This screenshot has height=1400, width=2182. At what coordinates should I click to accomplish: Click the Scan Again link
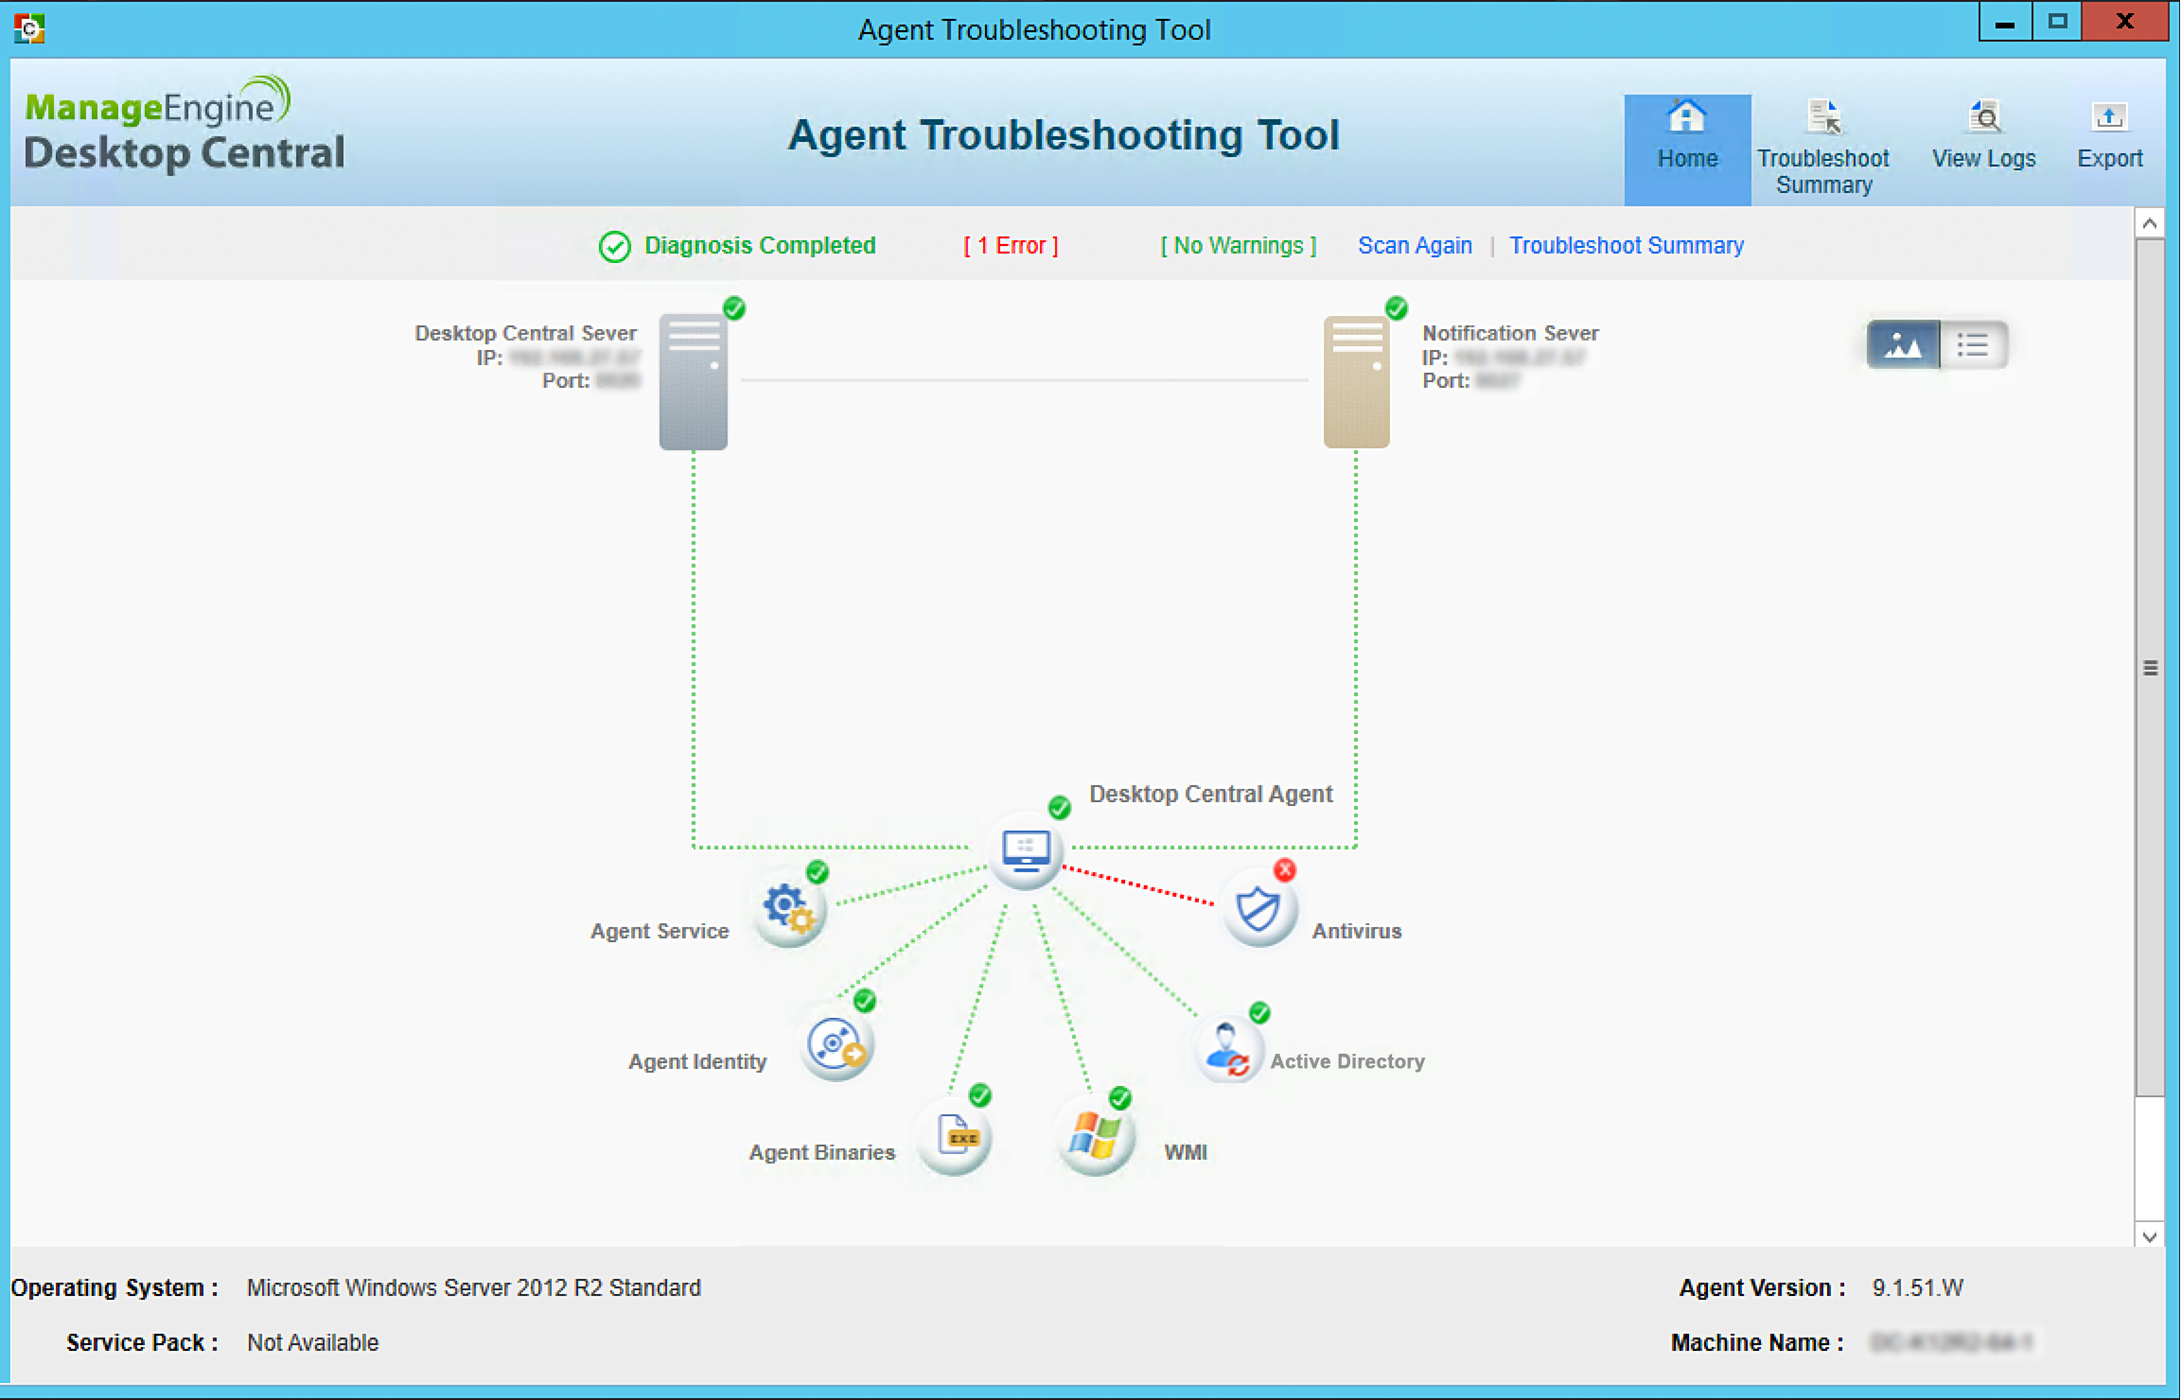pyautogui.click(x=1415, y=246)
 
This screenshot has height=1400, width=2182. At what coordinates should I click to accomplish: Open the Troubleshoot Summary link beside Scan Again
pyautogui.click(x=1626, y=246)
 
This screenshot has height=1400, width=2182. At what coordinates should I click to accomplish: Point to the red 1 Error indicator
pyautogui.click(x=1011, y=246)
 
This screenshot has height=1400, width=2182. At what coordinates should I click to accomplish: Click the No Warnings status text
pyautogui.click(x=1239, y=246)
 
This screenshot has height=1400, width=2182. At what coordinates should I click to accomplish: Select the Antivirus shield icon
pyautogui.click(x=1258, y=909)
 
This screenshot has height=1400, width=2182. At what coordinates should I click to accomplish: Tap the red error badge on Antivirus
pyautogui.click(x=1284, y=870)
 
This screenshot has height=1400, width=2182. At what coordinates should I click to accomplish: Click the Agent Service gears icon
pyautogui.click(x=789, y=909)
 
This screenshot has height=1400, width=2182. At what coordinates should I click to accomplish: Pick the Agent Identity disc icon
pyautogui.click(x=836, y=1045)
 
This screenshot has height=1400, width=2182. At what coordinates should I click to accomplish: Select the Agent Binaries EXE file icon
pyautogui.click(x=956, y=1135)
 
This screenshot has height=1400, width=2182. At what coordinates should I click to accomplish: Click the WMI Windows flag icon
pyautogui.click(x=1095, y=1135)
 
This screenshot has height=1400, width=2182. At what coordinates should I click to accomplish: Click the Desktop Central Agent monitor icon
pyautogui.click(x=1026, y=850)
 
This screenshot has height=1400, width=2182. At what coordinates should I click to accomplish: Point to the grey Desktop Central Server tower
pyautogui.click(x=694, y=382)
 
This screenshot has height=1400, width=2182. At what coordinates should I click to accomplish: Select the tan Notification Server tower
pyautogui.click(x=1356, y=382)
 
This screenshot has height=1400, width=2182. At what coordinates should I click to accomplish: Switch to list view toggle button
pyautogui.click(x=1973, y=345)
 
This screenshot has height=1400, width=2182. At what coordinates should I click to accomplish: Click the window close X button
pyautogui.click(x=2124, y=22)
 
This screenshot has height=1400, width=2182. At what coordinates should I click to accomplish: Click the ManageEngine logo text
pyautogui.click(x=156, y=106)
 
